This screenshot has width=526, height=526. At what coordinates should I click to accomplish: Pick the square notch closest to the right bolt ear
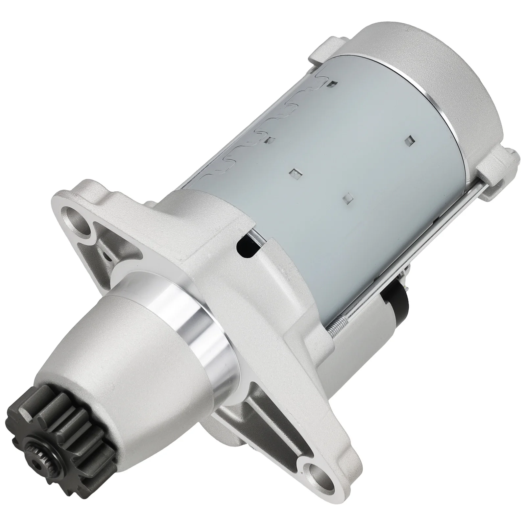point(409,140)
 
